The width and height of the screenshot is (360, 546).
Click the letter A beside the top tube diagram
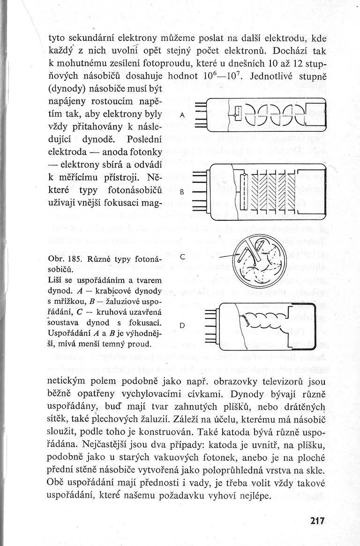tap(182, 115)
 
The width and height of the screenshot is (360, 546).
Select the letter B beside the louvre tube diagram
tap(182, 191)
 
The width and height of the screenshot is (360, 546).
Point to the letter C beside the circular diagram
tap(183, 257)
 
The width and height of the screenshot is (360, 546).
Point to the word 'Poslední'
tap(140, 139)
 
